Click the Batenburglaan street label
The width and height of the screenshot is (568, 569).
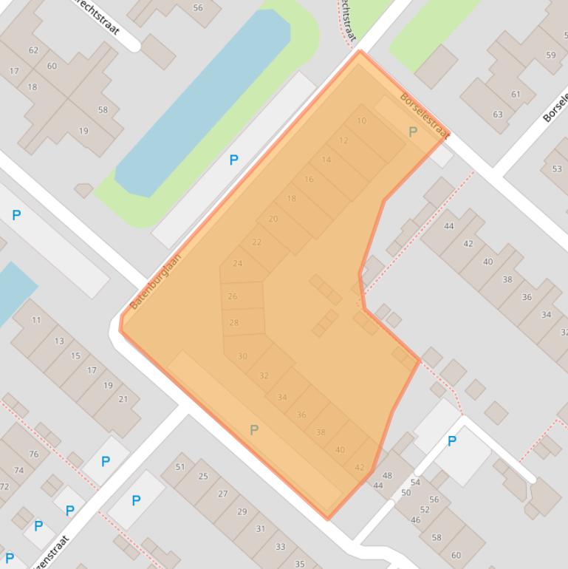click(156, 282)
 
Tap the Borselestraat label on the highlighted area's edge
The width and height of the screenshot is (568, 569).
click(425, 115)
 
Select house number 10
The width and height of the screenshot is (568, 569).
click(361, 120)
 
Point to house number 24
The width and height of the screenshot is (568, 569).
click(237, 263)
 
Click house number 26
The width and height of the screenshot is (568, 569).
click(233, 296)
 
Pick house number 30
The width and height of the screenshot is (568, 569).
click(242, 356)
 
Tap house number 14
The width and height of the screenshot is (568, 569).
click(326, 160)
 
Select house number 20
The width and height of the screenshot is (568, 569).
click(273, 219)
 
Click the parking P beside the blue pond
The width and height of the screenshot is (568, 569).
click(234, 160)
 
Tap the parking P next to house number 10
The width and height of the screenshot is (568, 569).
click(413, 132)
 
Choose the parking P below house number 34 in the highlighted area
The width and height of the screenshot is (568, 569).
click(254, 430)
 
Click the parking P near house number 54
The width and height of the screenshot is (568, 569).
click(452, 441)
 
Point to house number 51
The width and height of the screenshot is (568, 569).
click(180, 467)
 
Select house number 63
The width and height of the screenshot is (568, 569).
click(498, 114)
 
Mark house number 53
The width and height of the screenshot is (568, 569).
click(557, 168)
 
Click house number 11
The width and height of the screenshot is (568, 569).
click(36, 320)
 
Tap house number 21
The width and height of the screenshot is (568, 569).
click(123, 399)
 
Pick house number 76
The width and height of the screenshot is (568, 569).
click(34, 454)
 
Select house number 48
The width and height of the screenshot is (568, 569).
click(387, 475)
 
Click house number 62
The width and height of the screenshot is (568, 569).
click(33, 50)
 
